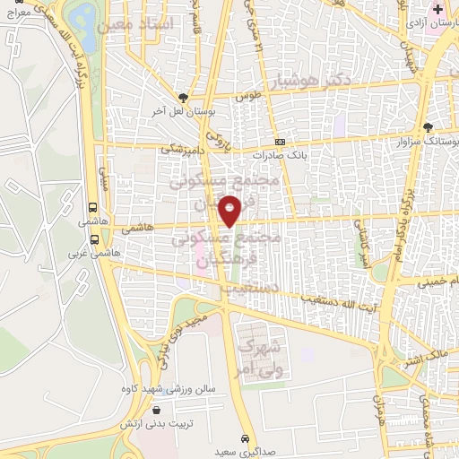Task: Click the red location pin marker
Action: coord(231,210)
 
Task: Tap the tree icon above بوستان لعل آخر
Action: coord(183,97)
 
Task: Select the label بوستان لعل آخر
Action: coord(183,110)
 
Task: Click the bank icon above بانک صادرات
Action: coord(281,142)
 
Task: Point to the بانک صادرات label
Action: coord(280,155)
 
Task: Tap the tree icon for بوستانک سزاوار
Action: coord(428,126)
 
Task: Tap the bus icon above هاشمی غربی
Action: coord(96,239)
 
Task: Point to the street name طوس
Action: coord(247,93)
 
